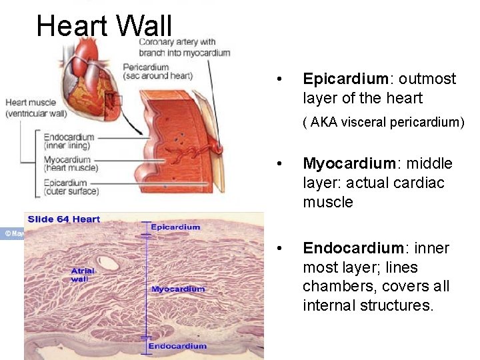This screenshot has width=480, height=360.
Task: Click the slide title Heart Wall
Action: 104,27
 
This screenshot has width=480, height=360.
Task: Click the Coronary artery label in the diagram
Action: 184,47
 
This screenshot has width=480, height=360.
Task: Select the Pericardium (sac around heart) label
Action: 157,71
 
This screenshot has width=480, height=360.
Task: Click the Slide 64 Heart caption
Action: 64,219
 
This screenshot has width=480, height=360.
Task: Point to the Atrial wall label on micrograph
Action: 83,274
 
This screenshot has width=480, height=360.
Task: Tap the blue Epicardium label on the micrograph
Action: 175,227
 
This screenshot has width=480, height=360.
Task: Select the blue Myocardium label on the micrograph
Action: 178,289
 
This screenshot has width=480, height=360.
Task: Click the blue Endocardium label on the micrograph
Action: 177,346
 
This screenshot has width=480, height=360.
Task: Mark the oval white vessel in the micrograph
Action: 107,263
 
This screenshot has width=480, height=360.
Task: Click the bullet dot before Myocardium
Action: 285,164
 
